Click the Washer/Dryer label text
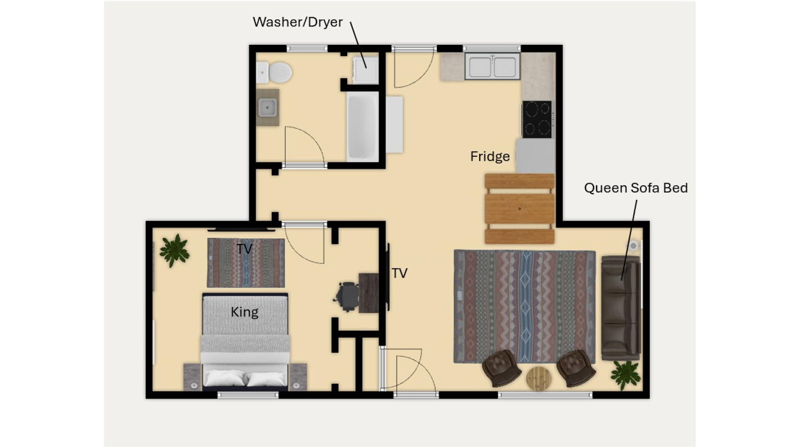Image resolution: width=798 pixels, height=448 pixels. tap(298, 22)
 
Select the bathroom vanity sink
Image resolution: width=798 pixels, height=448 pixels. tap(268, 108)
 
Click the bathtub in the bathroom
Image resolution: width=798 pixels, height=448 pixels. tap(363, 125)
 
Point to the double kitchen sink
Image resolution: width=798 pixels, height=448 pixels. tap(493, 66)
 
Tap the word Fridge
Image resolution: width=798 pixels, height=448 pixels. tap(490, 156)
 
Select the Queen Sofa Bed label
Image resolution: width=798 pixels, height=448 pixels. tap(636, 188)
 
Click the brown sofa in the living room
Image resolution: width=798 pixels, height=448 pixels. tap(621, 308)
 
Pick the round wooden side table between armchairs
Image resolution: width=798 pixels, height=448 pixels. tap(539, 378)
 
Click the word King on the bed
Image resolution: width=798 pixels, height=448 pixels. tap(244, 312)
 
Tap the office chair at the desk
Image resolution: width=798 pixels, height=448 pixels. tap(347, 297)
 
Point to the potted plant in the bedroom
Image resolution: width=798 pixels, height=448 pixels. tap(174, 250)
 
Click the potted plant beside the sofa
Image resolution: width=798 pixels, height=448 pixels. tap(625, 375)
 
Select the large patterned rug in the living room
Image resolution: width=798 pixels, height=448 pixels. tap(524, 307)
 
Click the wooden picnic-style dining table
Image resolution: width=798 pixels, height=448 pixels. tap(519, 209)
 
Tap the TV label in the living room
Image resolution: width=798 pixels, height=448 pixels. tap(399, 273)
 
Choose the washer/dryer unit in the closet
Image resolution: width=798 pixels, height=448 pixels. tap(365, 70)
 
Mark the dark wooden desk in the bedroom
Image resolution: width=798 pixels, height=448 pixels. tap(368, 293)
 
